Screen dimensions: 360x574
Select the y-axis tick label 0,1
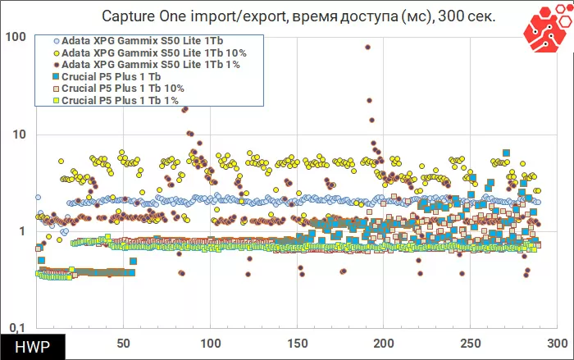[x=18, y=328]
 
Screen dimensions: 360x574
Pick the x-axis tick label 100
[x=211, y=343]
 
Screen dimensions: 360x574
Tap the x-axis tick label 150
[x=298, y=343]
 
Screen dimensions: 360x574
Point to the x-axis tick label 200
[x=385, y=343]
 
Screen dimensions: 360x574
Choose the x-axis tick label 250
[x=471, y=343]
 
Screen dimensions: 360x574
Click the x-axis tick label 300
[x=558, y=343]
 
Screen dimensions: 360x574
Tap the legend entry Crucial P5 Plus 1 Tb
[x=115, y=77]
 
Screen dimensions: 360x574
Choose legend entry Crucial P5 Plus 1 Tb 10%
[x=123, y=89]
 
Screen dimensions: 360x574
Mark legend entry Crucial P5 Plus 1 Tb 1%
[x=120, y=100]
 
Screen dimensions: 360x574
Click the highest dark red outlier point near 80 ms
[x=367, y=47]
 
